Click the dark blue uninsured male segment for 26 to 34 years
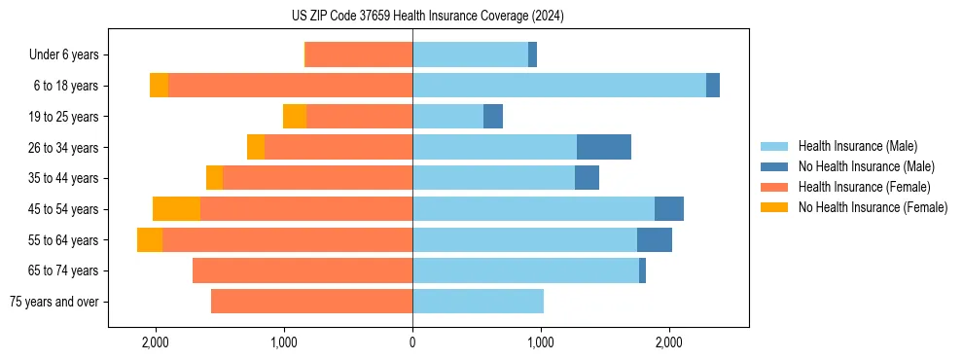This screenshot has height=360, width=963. point(603,147)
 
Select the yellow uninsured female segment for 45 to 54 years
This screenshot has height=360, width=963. point(176,209)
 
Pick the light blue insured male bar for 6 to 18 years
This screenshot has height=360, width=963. point(559,86)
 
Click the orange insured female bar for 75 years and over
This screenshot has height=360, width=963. point(311,302)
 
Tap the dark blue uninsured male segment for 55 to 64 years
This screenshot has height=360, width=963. point(654,240)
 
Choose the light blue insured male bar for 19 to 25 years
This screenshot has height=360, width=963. point(447,117)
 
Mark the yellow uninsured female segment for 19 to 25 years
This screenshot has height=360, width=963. point(295,117)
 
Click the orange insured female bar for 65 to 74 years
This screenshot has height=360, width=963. point(303,270)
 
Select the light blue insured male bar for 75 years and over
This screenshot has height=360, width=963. point(478,302)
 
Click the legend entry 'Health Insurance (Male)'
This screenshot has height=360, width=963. point(857,146)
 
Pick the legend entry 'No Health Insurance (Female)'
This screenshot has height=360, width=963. point(873,207)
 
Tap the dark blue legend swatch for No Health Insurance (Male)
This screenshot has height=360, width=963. point(774,166)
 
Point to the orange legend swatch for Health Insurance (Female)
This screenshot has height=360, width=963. point(774,187)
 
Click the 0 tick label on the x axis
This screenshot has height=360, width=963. point(412,342)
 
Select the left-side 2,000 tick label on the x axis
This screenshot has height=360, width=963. point(156,342)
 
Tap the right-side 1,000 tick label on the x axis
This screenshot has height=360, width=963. point(541,342)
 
